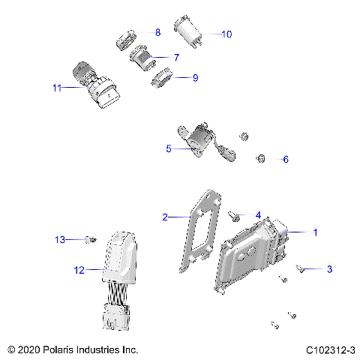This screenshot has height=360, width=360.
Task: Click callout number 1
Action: click(x=315, y=232)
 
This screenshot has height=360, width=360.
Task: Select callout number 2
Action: click(x=165, y=217)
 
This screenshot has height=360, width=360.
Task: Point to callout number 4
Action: click(x=258, y=215)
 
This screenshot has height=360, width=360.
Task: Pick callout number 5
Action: click(x=169, y=148)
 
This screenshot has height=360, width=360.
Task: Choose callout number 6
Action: click(x=283, y=159)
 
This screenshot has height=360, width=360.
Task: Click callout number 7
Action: click(x=175, y=57)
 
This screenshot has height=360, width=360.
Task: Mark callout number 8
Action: click(x=157, y=32)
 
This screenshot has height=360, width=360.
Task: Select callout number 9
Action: click(x=195, y=77)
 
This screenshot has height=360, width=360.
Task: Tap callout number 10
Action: click(x=227, y=34)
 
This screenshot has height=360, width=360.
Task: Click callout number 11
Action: click(x=57, y=88)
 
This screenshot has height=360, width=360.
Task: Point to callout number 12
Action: click(x=78, y=268)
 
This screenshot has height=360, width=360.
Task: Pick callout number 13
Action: click(x=60, y=239)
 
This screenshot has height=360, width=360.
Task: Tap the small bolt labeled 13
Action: click(x=88, y=239)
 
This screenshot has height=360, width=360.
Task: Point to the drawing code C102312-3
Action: click(x=330, y=350)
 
